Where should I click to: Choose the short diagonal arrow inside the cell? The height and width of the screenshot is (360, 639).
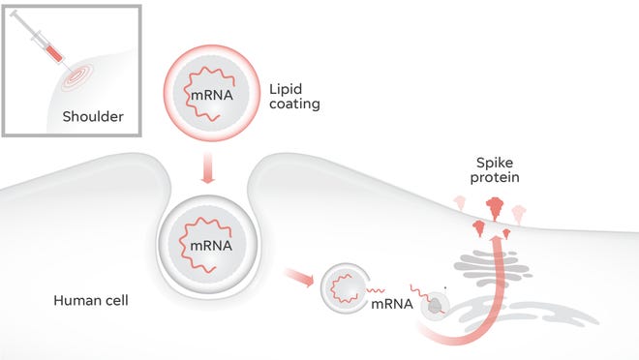click(298, 279)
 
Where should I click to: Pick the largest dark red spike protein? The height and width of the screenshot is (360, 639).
click(495, 207)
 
